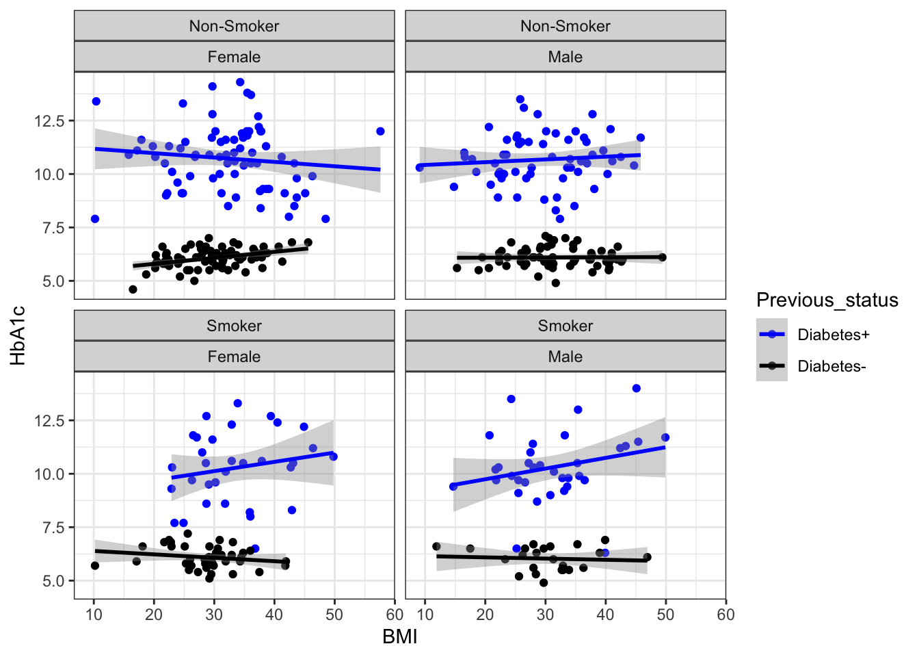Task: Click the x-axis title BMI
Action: [x=400, y=637]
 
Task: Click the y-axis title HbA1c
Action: [x=18, y=335]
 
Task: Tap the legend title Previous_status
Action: [x=827, y=300]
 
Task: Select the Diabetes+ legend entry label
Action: [x=834, y=335]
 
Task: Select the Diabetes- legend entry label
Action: [x=831, y=366]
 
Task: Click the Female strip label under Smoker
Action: [x=234, y=357]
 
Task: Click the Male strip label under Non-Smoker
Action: [x=565, y=57]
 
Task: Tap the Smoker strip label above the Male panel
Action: [x=565, y=326]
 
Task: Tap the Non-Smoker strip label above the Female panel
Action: [x=234, y=26]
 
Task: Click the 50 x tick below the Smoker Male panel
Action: [x=665, y=615]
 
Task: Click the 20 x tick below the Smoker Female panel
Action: [x=154, y=615]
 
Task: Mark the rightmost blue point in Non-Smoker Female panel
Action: [x=380, y=131]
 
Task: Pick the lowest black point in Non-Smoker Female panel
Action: [x=133, y=289]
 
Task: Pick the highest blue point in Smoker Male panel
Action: [x=637, y=389]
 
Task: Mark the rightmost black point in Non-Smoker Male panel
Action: [x=662, y=257]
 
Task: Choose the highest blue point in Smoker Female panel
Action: [x=238, y=403]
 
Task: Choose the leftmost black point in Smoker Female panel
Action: [x=95, y=566]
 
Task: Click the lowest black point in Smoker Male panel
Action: [x=544, y=583]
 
